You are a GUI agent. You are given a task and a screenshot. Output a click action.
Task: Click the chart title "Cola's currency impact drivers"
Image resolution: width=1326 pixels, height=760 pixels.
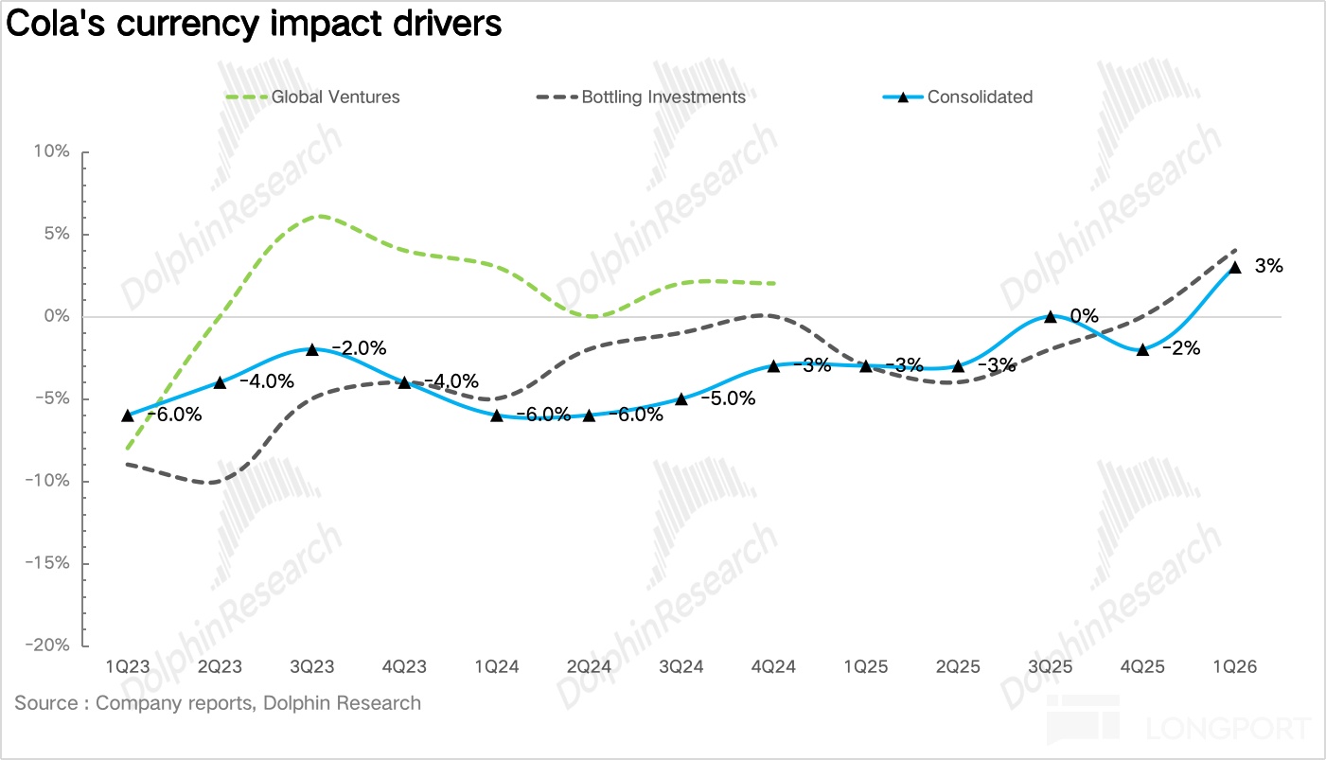tap(253, 25)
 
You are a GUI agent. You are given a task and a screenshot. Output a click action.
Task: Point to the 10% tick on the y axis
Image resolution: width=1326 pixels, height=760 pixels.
tap(53, 152)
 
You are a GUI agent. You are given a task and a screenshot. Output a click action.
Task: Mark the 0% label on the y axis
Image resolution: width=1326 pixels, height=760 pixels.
tap(58, 316)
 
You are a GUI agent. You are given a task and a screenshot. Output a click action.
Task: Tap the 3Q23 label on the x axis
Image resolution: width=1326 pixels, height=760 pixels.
tap(311, 667)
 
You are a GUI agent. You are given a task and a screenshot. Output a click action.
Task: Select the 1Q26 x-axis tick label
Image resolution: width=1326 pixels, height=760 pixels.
tap(1234, 667)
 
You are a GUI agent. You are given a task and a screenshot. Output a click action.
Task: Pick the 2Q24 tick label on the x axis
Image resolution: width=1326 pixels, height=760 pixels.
tap(589, 667)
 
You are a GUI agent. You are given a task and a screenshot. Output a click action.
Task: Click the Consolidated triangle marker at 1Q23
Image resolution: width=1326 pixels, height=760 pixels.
tap(128, 415)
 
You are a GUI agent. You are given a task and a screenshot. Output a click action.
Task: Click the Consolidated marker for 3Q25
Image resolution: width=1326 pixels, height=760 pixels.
tap(1050, 316)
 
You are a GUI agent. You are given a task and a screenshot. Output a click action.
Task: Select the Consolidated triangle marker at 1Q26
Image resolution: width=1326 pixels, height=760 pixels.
tap(1234, 267)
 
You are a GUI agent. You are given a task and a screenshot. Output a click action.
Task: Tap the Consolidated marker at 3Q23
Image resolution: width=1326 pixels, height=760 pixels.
tap(312, 349)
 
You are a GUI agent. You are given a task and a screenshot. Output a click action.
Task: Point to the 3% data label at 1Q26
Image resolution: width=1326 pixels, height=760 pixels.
tap(1268, 267)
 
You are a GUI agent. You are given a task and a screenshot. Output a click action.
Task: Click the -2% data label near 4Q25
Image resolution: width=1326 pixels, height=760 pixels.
tap(1180, 348)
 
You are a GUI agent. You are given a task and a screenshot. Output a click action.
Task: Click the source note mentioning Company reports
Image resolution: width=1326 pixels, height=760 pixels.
tap(218, 703)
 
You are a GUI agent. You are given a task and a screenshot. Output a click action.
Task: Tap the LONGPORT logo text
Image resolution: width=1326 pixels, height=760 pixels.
tap(1229, 730)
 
